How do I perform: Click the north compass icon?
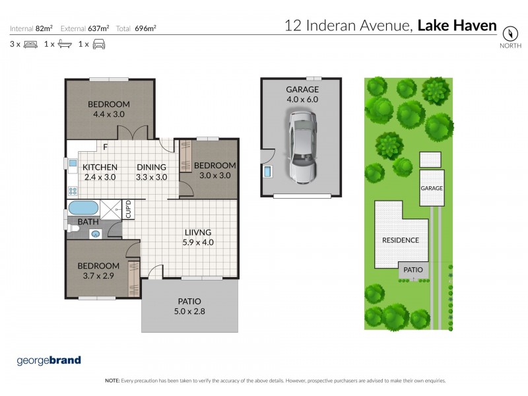(509, 32)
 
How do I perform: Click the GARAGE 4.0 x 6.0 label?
(302, 94)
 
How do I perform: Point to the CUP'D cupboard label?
(129, 209)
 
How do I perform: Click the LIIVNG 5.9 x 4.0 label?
(198, 237)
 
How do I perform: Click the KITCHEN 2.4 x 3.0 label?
(100, 172)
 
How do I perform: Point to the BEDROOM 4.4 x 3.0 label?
(109, 109)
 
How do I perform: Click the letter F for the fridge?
(105, 148)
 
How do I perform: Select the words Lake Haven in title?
(457, 26)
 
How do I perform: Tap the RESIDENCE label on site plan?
(401, 240)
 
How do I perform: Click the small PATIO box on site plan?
(413, 270)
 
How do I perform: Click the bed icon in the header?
(30, 44)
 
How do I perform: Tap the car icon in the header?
(98, 44)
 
